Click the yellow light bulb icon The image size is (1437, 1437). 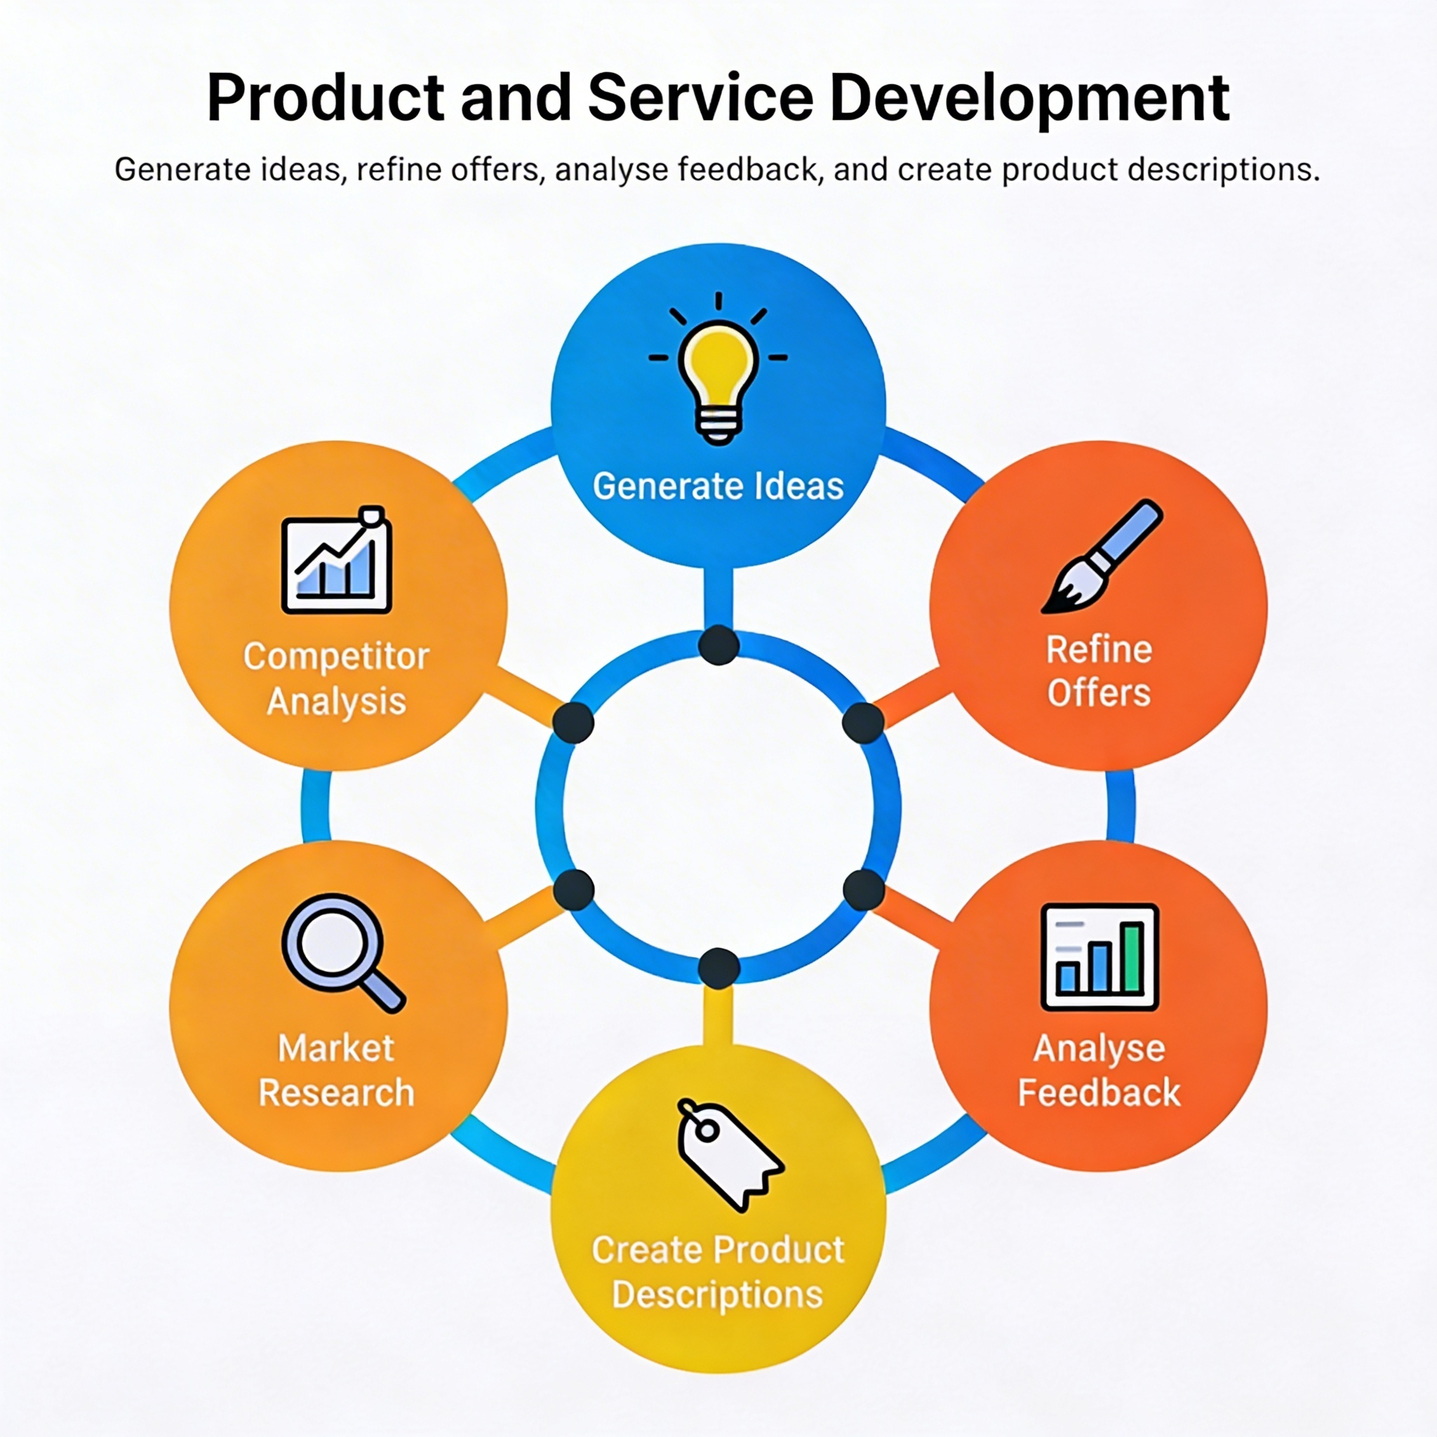[x=718, y=380]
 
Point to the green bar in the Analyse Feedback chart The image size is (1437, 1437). [x=1132, y=957]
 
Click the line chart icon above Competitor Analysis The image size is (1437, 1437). [x=336, y=562]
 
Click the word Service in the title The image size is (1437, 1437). [x=701, y=98]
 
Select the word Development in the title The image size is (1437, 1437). [x=1029, y=98]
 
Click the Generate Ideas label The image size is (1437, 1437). [x=718, y=486]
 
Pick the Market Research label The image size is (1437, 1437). [x=336, y=1070]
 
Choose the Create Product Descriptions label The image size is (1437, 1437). [x=718, y=1272]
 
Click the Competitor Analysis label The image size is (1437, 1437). [x=336, y=679]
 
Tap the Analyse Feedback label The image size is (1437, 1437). [x=1100, y=1070]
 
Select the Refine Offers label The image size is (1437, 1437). [x=1100, y=671]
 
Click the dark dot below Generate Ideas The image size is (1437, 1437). [x=718, y=645]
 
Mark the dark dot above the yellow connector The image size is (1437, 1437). [x=718, y=968]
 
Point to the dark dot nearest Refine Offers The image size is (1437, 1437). [x=863, y=722]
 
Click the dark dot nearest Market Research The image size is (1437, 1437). [x=573, y=889]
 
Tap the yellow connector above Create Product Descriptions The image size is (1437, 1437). [x=718, y=1015]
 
